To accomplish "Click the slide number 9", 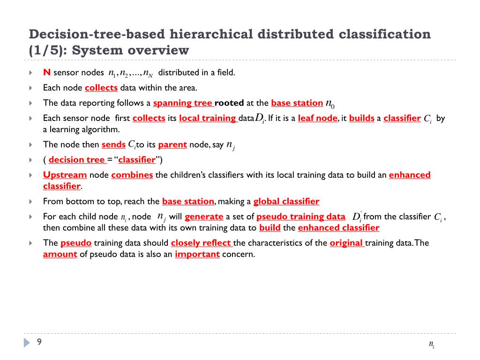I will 39,342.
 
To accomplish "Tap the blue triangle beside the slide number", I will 27,343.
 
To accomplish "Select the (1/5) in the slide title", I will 47,50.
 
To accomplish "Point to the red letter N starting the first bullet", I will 46,72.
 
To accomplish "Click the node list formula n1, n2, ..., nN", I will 130,73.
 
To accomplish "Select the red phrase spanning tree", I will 183,103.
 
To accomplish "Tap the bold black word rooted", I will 229,103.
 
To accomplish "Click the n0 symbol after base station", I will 330,104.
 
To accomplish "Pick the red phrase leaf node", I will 317,118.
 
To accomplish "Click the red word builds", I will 361,118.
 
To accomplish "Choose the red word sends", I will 113,144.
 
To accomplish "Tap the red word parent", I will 172,144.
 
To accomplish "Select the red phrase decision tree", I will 77,160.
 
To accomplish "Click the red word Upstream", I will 65,175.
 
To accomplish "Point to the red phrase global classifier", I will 286,202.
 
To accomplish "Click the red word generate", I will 204,217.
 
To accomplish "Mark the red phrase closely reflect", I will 201,243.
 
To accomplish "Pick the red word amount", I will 60,254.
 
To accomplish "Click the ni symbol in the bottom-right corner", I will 432,345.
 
